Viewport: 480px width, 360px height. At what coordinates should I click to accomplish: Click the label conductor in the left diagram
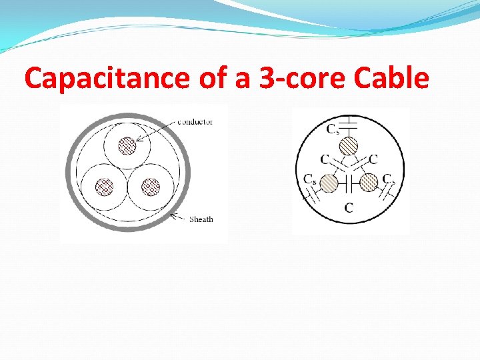coord(195,122)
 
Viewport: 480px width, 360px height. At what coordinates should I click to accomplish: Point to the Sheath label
coord(201,219)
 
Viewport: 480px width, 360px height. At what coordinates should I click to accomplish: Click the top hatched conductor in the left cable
coord(127,145)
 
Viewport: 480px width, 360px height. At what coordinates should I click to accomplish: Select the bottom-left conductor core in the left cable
coord(103,187)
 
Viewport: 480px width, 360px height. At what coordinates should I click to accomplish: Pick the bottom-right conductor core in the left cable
coord(151,187)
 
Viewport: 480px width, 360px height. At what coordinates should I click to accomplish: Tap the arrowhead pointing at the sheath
coord(173,215)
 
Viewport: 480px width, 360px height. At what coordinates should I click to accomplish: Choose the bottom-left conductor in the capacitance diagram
coord(329,181)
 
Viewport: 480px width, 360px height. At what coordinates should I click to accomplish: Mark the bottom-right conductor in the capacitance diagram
coord(369,181)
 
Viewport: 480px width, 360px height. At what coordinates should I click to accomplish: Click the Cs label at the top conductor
coord(333,129)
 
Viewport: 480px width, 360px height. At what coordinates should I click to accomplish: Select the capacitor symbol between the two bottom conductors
coord(349,182)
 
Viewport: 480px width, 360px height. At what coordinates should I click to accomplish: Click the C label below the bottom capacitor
coord(349,207)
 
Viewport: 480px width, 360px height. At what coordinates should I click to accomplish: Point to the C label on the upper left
coord(325,159)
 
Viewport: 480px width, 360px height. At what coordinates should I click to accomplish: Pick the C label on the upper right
coord(373,159)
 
